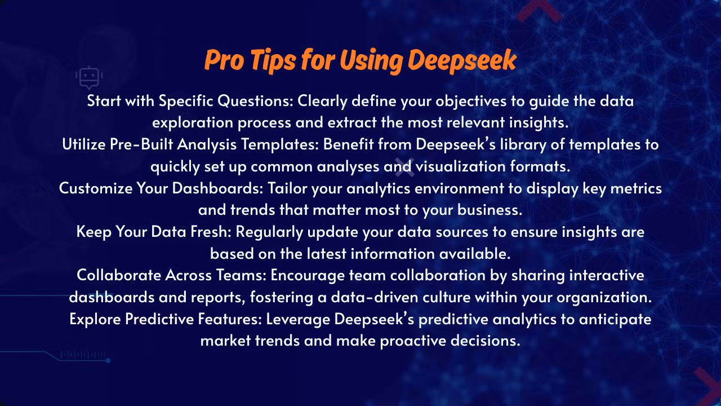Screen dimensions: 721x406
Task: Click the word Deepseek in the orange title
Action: coord(462,61)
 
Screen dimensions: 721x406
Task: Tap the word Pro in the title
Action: coord(224,60)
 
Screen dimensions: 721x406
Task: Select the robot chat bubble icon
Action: coord(89,78)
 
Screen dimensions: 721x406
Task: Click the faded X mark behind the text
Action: coord(404,167)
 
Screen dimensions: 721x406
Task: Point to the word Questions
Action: coord(255,101)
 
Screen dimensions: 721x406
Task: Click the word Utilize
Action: coord(84,144)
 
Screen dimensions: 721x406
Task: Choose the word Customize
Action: coord(96,188)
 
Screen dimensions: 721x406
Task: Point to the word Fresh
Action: coord(211,232)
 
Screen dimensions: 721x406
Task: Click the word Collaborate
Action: coord(119,275)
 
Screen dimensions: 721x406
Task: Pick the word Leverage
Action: coord(298,320)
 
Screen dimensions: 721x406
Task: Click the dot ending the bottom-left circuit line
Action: coord(108,360)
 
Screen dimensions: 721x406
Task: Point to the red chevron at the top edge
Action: coord(539,10)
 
